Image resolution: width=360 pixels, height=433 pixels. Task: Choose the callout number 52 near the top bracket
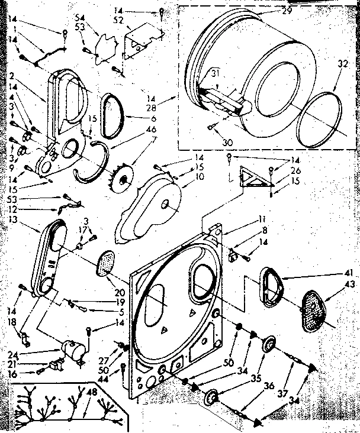click(117, 20)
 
